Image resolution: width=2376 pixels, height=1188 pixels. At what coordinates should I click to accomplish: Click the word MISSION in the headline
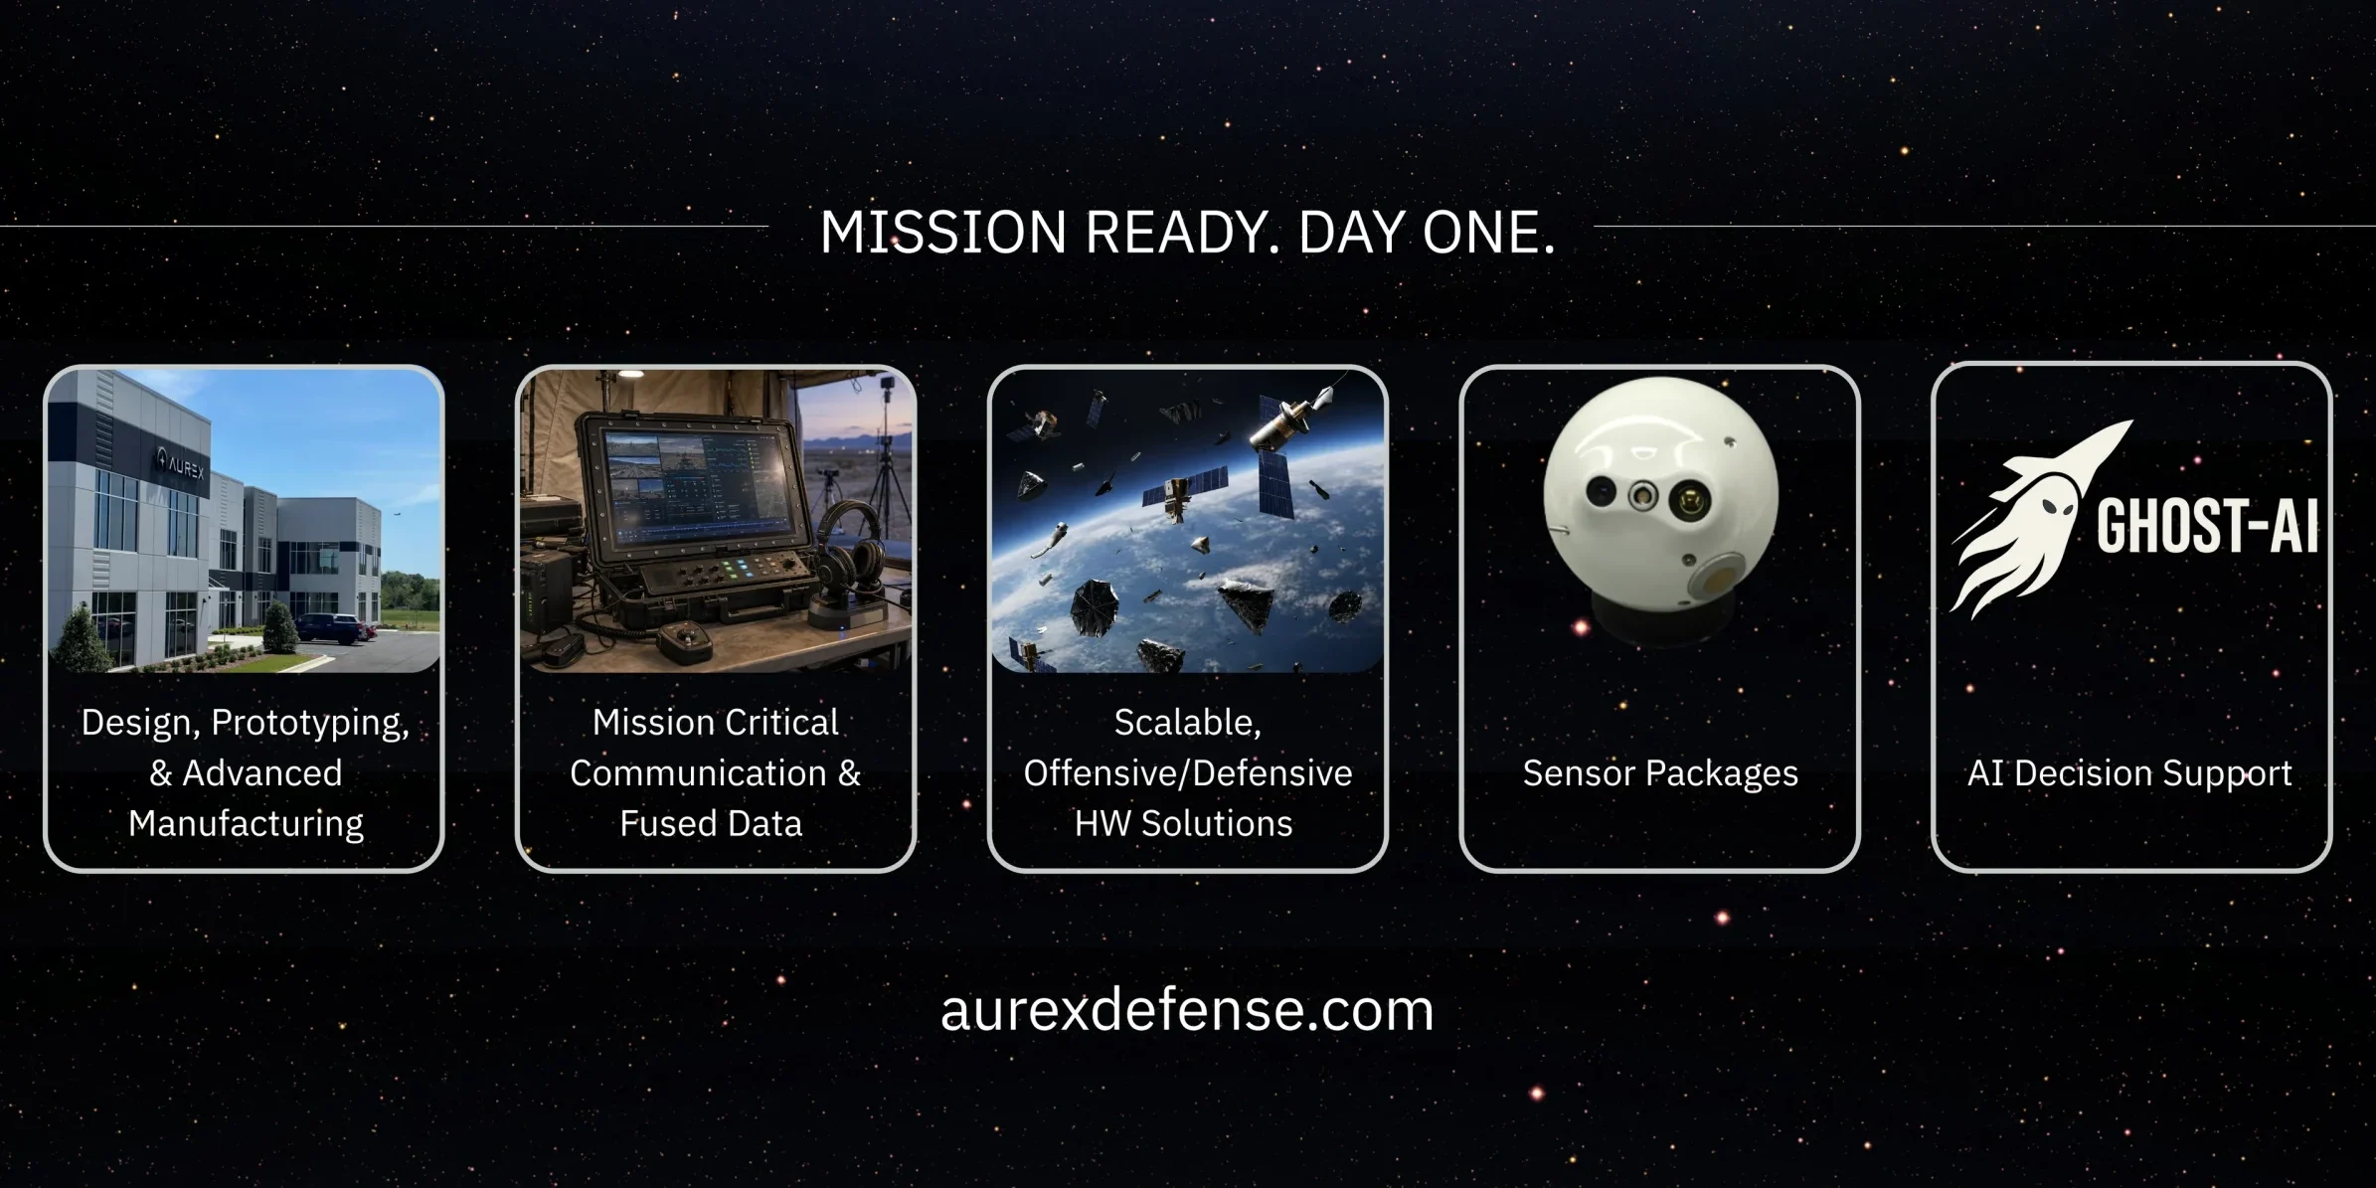pyautogui.click(x=942, y=232)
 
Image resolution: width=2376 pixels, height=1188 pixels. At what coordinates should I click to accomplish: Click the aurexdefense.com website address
pyautogui.click(x=1187, y=1009)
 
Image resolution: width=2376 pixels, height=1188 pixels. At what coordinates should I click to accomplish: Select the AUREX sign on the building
pyautogui.click(x=180, y=463)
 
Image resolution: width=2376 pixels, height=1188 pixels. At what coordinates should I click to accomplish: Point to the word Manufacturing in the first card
pyautogui.click(x=246, y=823)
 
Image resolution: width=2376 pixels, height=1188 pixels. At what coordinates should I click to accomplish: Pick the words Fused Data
pyautogui.click(x=711, y=823)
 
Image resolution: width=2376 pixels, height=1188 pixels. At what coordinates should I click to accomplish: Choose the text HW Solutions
pyautogui.click(x=1183, y=823)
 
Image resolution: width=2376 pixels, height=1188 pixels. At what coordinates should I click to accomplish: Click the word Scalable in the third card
pyautogui.click(x=1186, y=723)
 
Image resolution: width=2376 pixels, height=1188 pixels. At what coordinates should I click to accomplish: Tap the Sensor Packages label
pyautogui.click(x=1660, y=773)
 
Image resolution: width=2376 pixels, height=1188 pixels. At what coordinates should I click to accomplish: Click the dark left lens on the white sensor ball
pyautogui.click(x=1600, y=490)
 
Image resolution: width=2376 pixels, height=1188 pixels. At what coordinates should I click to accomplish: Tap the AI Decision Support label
pyautogui.click(x=2129, y=773)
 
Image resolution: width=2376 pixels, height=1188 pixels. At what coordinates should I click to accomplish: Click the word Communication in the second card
pyautogui.click(x=698, y=772)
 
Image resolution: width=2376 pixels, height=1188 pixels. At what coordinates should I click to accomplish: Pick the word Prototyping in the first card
pyautogui.click(x=310, y=723)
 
